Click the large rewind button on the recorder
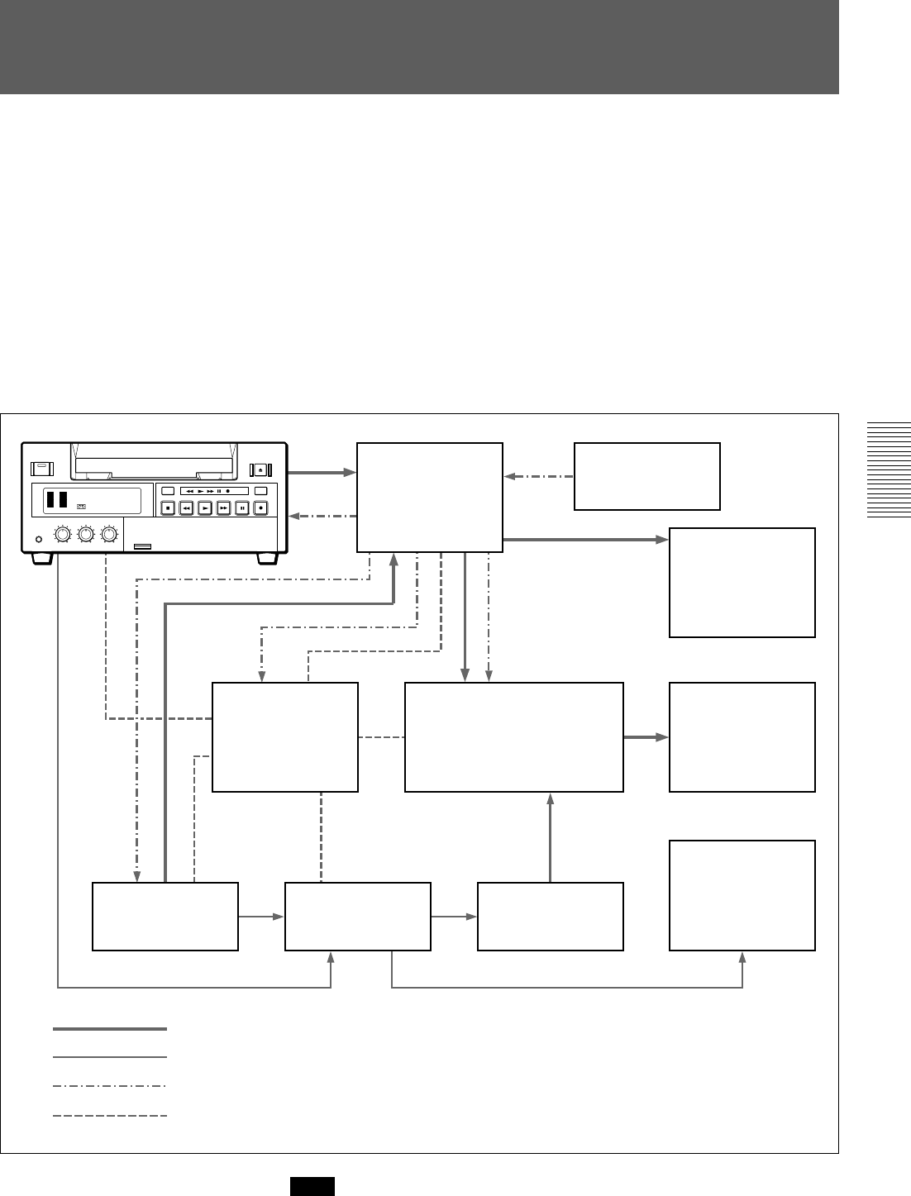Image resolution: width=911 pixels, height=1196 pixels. [186, 508]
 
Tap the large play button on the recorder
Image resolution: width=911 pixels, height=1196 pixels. [205, 508]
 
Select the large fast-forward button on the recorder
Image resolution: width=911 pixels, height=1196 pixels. [223, 508]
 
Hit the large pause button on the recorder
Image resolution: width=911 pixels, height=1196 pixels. [242, 508]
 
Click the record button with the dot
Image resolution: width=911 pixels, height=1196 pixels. [260, 508]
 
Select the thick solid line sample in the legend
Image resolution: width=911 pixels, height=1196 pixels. [110, 1029]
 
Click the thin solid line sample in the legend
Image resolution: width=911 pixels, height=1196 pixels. [110, 1057]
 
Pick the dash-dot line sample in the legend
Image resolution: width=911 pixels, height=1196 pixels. [110, 1086]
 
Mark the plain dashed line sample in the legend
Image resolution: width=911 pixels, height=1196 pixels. [110, 1116]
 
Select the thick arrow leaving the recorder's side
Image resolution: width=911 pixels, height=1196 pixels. [322, 474]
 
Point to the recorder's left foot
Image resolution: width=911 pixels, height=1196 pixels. [45, 559]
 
